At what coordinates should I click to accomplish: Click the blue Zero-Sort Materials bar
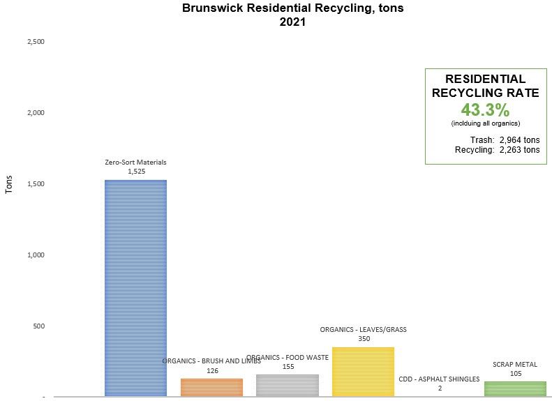click(135, 287)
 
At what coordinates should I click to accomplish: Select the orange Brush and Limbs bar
click(211, 387)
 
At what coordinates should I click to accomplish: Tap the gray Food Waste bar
click(288, 385)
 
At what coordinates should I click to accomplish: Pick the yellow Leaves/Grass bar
click(363, 371)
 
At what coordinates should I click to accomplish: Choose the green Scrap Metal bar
click(515, 388)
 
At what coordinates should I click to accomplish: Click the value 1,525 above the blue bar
click(135, 171)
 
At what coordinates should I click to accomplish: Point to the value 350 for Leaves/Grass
click(363, 338)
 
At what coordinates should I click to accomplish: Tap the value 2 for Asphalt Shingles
click(440, 388)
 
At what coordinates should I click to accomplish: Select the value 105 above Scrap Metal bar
click(515, 373)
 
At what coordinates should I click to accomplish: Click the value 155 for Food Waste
click(288, 366)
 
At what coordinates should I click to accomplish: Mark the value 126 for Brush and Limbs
click(213, 370)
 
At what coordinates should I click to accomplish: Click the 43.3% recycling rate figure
click(485, 109)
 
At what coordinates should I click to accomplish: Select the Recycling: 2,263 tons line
click(497, 149)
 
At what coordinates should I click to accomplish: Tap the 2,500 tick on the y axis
click(36, 42)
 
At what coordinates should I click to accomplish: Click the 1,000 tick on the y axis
click(36, 255)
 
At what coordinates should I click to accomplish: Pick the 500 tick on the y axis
click(38, 326)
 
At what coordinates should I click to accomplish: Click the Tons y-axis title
click(10, 184)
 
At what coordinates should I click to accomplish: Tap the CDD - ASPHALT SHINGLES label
click(439, 379)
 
